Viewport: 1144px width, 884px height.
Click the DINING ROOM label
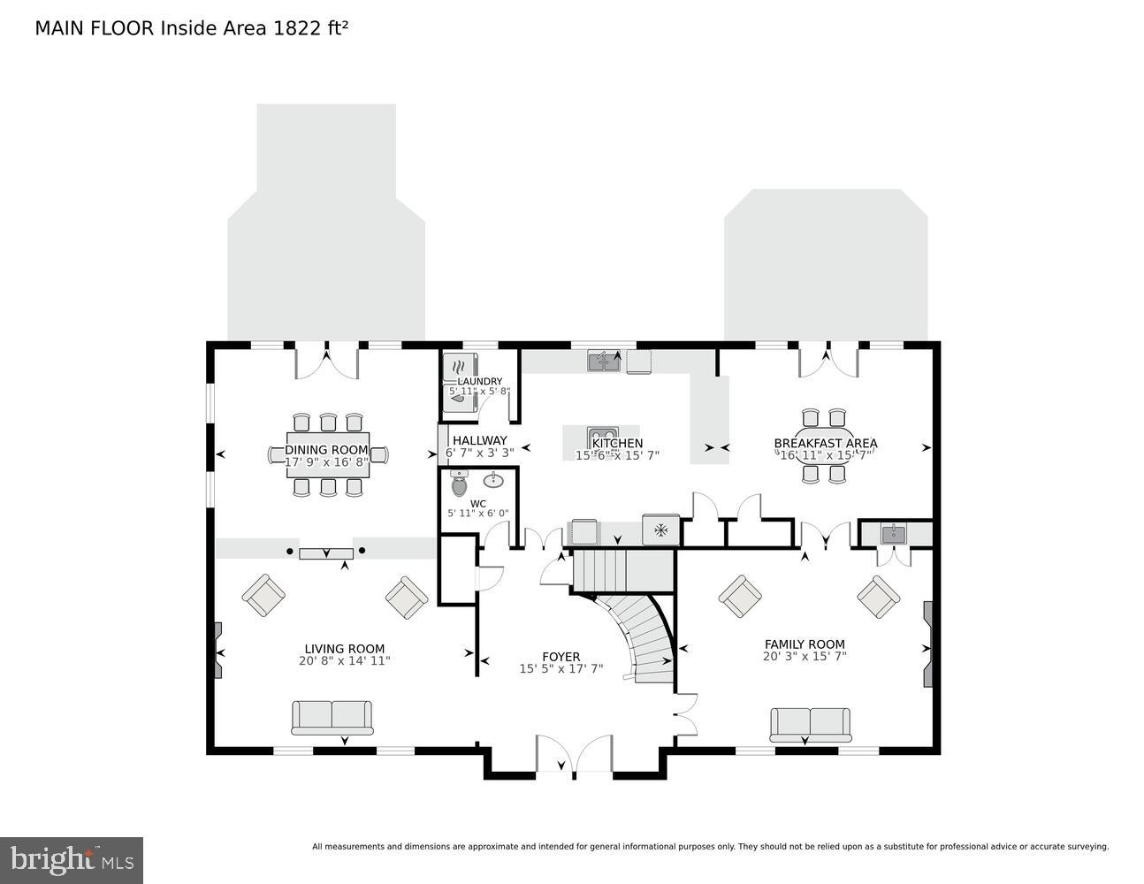[326, 450]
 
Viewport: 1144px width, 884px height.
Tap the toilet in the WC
[458, 484]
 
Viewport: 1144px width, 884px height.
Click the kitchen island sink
[603, 435]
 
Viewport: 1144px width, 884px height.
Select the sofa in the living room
[332, 717]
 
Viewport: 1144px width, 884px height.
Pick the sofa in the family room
[810, 724]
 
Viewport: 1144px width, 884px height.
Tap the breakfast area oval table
[825, 446]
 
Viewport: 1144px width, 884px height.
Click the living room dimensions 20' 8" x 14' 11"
[344, 660]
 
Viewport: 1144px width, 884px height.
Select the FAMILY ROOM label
[805, 644]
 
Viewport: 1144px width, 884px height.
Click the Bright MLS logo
[72, 860]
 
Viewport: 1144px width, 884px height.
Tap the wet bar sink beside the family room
[893, 533]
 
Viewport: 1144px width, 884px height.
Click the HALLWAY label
[480, 440]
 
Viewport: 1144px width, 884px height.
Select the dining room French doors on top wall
[326, 361]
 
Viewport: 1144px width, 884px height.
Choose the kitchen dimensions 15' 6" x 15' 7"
[617, 456]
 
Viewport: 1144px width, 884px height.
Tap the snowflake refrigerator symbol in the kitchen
[660, 530]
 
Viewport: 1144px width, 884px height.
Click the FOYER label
[561, 657]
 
